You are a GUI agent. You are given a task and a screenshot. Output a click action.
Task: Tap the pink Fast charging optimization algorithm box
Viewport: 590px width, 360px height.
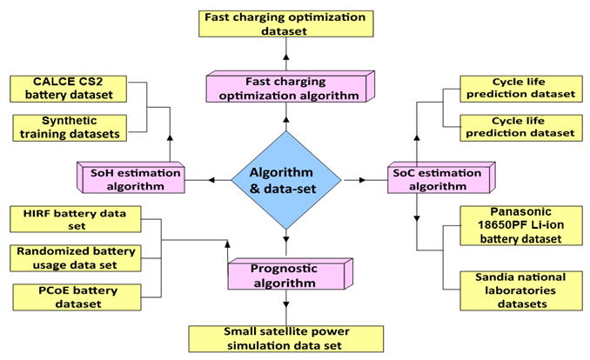click(x=283, y=87)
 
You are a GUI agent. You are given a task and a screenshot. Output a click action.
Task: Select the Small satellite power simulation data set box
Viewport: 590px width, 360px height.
click(x=285, y=337)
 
